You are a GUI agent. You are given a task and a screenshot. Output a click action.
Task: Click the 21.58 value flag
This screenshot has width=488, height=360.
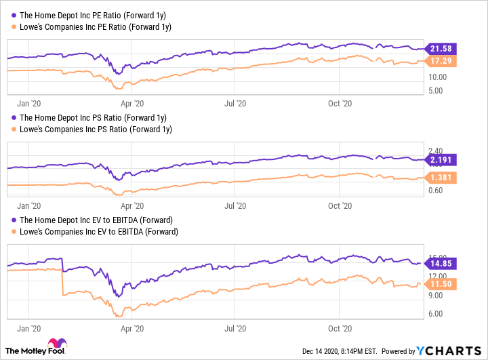coord(442,48)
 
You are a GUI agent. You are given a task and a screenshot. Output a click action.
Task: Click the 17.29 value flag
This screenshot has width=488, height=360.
coord(442,62)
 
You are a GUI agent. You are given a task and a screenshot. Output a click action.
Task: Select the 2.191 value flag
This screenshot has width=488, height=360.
coord(442,160)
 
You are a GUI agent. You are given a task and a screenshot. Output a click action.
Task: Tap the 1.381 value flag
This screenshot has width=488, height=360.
coord(442,177)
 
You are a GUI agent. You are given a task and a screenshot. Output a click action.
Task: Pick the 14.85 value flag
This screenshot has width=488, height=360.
coord(442,263)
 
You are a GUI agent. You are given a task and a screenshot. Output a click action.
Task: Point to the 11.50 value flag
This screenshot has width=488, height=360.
coord(442,284)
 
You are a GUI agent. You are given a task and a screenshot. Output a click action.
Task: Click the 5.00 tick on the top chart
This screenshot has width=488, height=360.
coord(436,89)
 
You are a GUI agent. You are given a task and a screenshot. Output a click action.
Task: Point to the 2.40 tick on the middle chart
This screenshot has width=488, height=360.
coord(436,151)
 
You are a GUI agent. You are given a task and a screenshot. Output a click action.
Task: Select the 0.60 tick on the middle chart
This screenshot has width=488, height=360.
coord(436,191)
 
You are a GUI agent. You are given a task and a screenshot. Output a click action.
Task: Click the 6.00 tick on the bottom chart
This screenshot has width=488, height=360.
coord(436,313)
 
